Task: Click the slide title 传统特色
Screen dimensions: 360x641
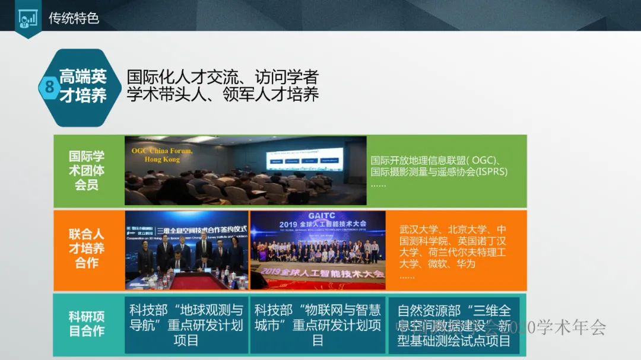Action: click(74, 18)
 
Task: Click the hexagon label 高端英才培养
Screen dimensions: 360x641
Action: click(83, 86)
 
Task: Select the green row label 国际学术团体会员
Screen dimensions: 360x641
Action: click(87, 171)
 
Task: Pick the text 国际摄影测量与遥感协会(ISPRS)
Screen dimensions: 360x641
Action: click(439, 172)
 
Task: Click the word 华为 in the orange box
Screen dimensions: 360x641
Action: click(467, 263)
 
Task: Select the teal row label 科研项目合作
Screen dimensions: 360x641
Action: click(87, 324)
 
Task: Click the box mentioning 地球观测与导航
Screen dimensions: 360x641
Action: click(186, 325)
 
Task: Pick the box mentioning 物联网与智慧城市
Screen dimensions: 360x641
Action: click(318, 325)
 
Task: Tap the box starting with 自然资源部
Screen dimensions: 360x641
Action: click(453, 325)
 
